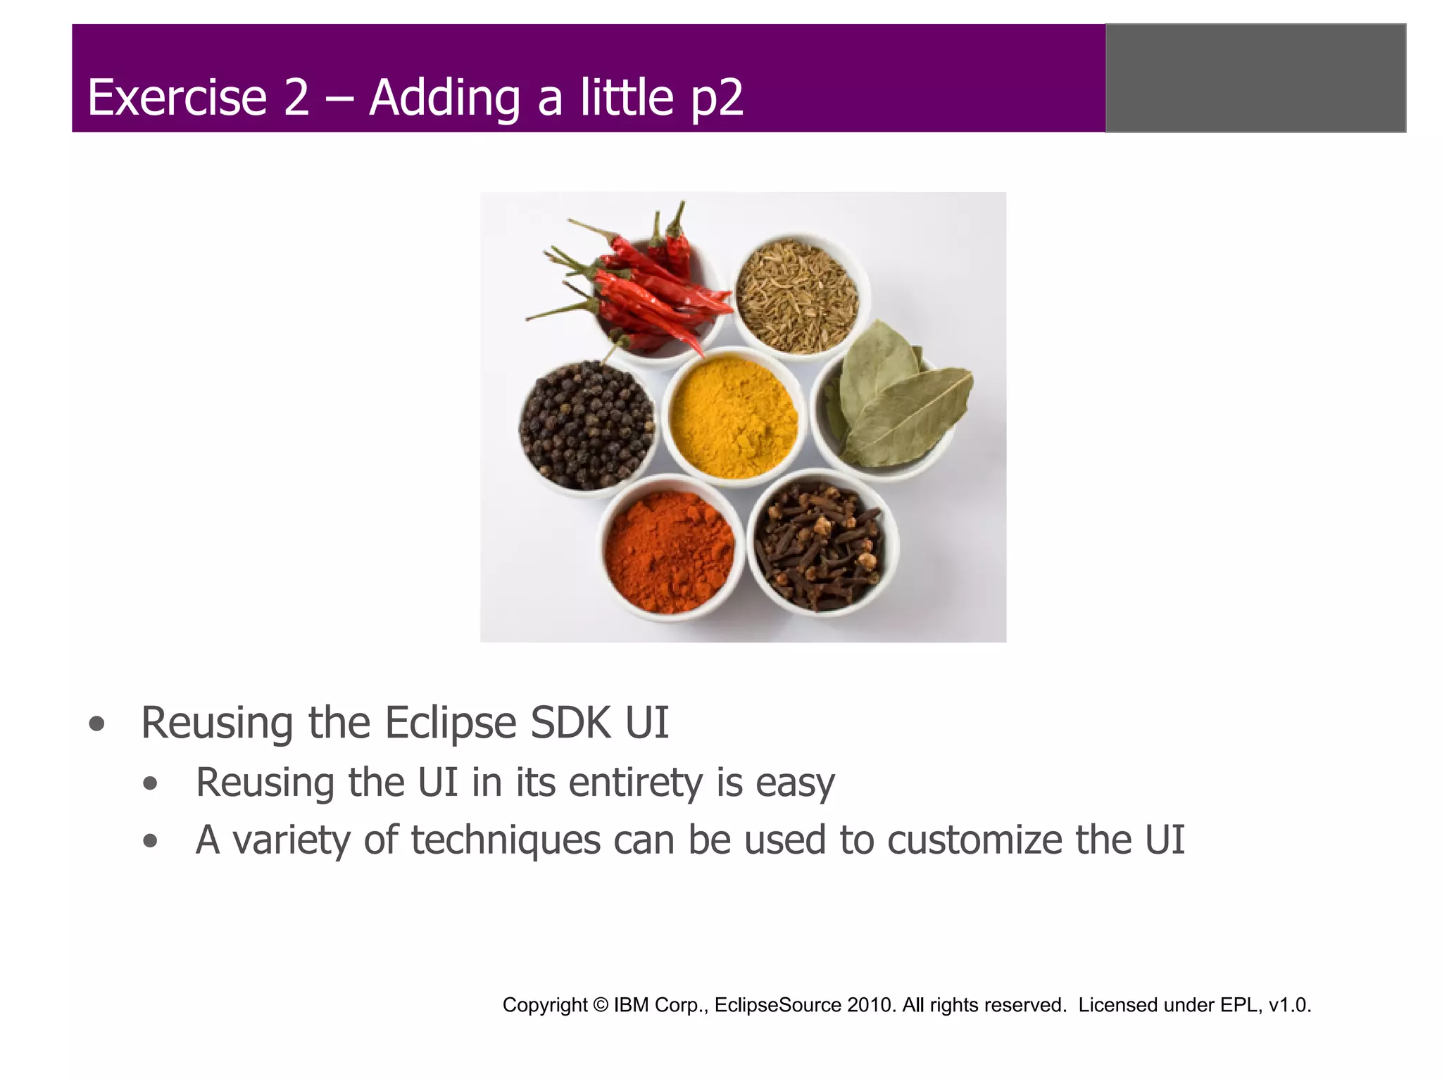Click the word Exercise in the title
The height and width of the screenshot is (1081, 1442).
[177, 97]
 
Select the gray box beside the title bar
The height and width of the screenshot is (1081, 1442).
[1255, 78]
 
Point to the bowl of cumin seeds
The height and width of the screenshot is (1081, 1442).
[798, 296]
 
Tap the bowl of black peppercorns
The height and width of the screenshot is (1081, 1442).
[587, 425]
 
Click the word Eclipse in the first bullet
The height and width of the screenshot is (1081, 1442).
[451, 723]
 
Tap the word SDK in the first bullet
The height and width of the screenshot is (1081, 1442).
[571, 723]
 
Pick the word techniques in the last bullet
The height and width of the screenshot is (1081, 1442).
[506, 840]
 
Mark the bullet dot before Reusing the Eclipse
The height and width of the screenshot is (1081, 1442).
[97, 724]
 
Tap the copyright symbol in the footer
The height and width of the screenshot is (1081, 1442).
[600, 1005]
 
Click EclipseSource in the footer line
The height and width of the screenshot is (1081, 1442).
[777, 1005]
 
